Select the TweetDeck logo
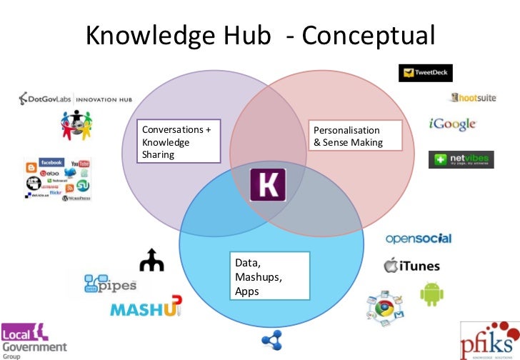tap(426, 73)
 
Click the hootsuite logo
tap(473, 97)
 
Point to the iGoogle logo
tap(452, 124)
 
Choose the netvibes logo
tap(461, 159)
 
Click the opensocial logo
tap(419, 239)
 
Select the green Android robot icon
tap(431, 294)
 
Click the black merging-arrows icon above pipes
tap(151, 261)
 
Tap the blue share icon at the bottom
tap(271, 341)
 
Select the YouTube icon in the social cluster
tap(79, 164)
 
